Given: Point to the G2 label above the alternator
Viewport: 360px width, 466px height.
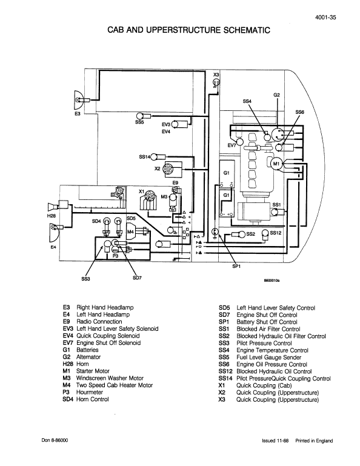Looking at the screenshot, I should click(x=276, y=95).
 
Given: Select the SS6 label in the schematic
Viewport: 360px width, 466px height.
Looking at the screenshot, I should click(x=299, y=113).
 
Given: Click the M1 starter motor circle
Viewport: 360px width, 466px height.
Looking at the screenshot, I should click(x=275, y=164).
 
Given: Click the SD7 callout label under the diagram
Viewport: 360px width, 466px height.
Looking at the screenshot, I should click(x=137, y=278).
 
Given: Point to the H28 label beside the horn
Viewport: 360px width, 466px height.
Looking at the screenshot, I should click(x=52, y=215).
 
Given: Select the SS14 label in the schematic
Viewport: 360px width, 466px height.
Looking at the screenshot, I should click(x=144, y=158).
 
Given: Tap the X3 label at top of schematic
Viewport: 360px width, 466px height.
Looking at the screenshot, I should click(x=216, y=75).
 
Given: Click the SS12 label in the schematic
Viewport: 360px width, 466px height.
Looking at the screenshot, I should click(x=275, y=232).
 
